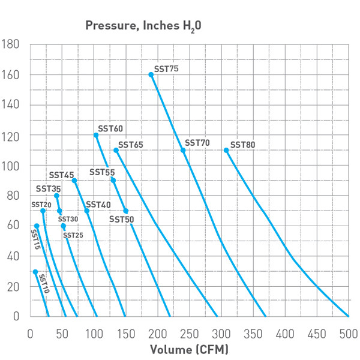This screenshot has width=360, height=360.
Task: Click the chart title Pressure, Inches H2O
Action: pyautogui.click(x=142, y=26)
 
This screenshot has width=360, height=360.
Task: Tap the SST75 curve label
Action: pyautogui.click(x=166, y=69)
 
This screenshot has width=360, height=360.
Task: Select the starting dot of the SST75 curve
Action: pyautogui.click(x=151, y=74)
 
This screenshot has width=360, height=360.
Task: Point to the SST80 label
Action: pyautogui.click(x=243, y=145)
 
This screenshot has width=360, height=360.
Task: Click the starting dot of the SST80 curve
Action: pyautogui.click(x=226, y=150)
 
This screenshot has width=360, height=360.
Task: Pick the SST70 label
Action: pyautogui.click(x=197, y=143)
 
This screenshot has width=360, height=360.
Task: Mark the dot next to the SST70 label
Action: pyautogui.click(x=183, y=150)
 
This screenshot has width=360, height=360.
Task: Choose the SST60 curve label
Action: pyautogui.click(x=110, y=128)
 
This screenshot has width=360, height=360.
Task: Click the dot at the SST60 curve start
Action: pyautogui.click(x=96, y=135)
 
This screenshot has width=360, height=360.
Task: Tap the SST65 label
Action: pyautogui.click(x=130, y=145)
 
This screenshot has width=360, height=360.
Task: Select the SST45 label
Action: pyautogui.click(x=61, y=175)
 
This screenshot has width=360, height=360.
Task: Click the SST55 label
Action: pyautogui.click(x=102, y=172)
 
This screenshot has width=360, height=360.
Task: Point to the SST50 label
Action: pyautogui.click(x=121, y=219)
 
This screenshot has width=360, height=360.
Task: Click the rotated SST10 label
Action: pyautogui.click(x=44, y=284)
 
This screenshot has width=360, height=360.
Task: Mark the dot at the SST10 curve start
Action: pyautogui.click(x=35, y=272)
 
